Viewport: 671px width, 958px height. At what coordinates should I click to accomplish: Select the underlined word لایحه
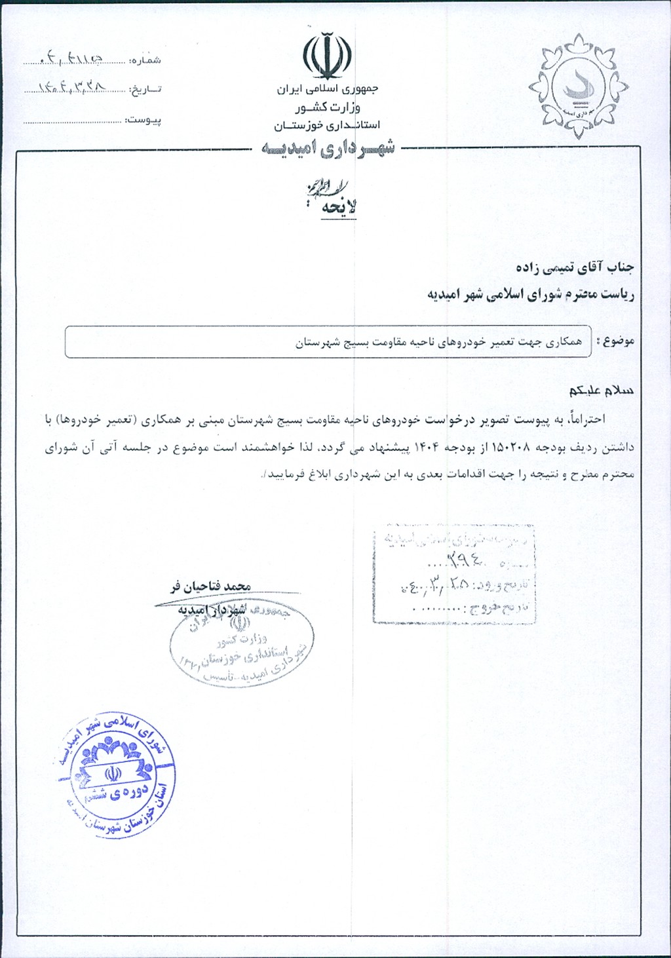click(339, 207)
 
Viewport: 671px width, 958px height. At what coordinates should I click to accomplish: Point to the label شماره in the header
click(145, 60)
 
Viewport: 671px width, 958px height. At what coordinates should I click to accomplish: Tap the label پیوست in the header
click(144, 121)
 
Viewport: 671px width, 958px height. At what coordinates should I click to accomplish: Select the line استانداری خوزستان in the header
click(327, 125)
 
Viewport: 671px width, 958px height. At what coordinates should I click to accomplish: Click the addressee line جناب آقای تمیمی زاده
click(575, 267)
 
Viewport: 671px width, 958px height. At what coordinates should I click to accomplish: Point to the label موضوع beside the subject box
click(617, 341)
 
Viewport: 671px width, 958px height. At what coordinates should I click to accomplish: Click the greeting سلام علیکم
click(601, 391)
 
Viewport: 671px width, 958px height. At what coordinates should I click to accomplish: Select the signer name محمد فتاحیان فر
click(211, 586)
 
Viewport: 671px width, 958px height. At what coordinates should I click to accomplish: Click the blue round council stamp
click(118, 774)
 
